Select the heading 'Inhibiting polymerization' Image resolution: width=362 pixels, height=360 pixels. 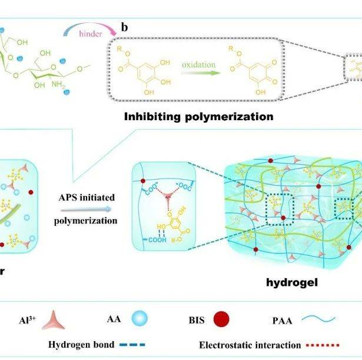tap(198, 116)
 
